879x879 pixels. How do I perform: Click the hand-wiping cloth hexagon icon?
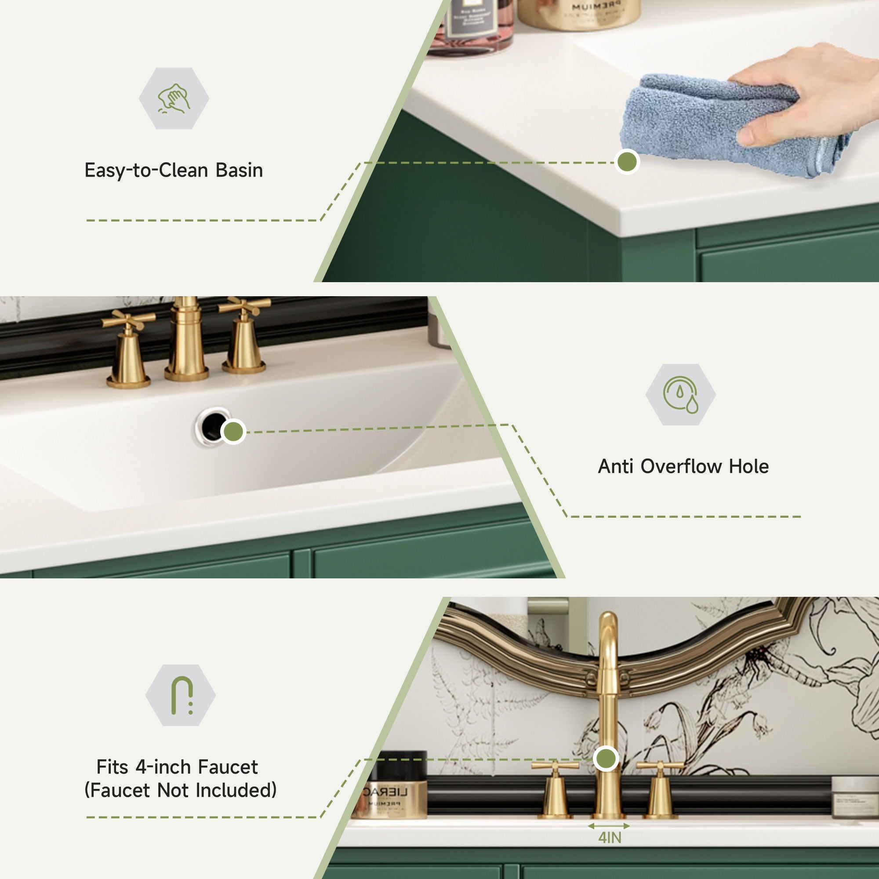[x=174, y=98]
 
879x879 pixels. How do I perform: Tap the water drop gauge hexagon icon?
[x=680, y=395]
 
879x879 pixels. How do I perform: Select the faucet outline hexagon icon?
[x=180, y=695]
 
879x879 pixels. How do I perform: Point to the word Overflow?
[x=684, y=466]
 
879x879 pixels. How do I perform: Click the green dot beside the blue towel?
[x=627, y=161]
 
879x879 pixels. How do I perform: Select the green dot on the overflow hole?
[x=233, y=431]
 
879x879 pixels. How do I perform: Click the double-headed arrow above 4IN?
[x=609, y=825]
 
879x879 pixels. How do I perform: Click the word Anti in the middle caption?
[x=615, y=466]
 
